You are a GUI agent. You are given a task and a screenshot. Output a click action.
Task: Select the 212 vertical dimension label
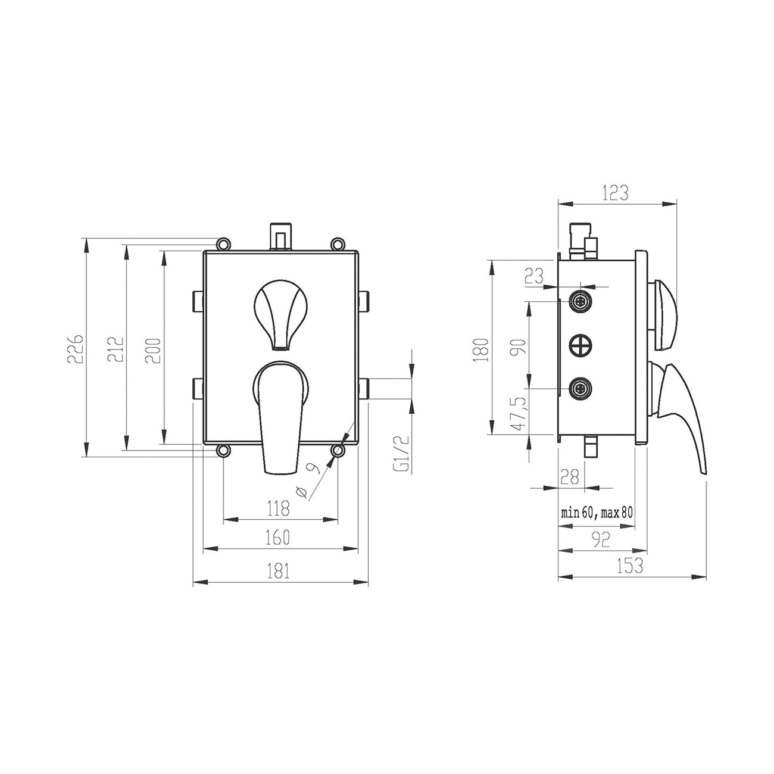115,349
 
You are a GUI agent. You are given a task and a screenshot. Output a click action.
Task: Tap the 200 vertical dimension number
153,350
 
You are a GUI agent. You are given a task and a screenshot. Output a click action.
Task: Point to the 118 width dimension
279,508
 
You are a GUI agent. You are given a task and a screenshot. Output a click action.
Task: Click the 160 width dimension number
278,538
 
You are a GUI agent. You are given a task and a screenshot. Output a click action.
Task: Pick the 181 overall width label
279,570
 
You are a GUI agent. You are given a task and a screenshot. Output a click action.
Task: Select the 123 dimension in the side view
616,193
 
